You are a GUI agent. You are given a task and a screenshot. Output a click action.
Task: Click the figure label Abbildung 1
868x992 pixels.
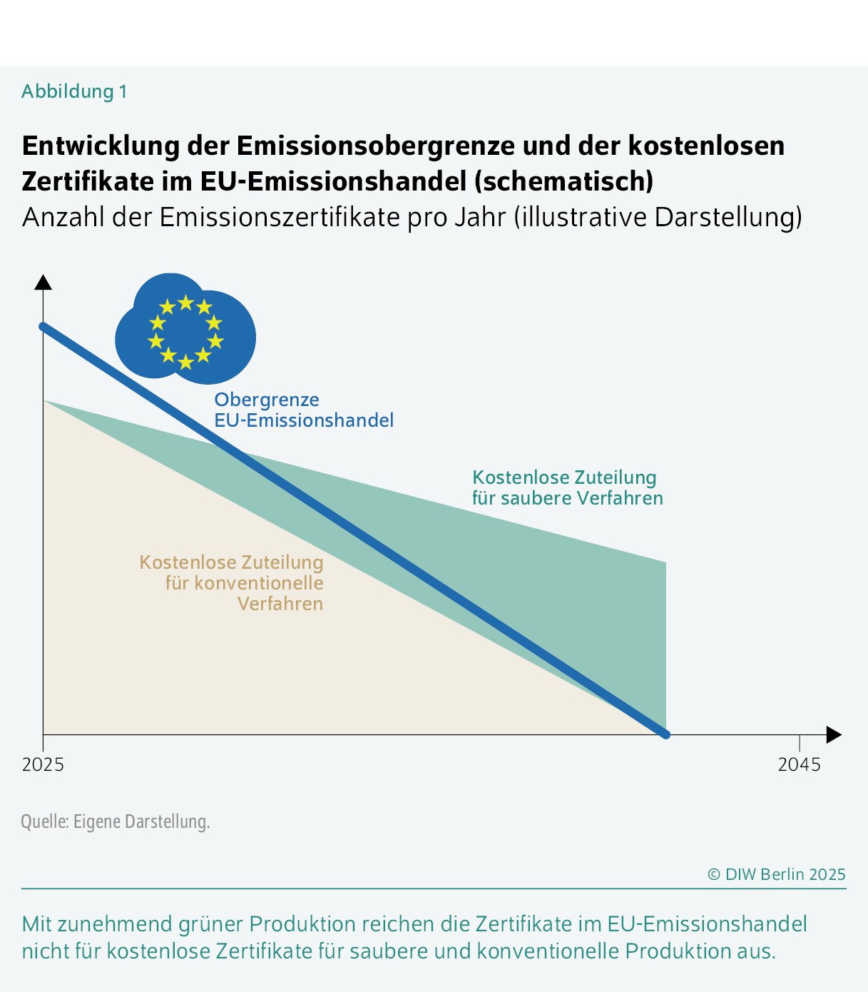pyautogui.click(x=74, y=91)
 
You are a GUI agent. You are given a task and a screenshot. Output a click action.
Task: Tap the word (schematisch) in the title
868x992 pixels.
pyautogui.click(x=563, y=181)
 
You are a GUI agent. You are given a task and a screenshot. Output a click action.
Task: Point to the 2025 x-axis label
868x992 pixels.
pyautogui.click(x=43, y=765)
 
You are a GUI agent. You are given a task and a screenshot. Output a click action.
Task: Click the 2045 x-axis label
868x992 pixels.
pyautogui.click(x=799, y=765)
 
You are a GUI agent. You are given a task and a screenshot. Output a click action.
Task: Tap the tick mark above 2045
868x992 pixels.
pyautogui.click(x=800, y=742)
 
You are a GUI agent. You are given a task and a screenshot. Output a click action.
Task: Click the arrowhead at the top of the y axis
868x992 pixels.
pyautogui.click(x=44, y=282)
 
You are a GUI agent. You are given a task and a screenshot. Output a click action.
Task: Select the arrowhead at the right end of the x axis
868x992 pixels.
pyautogui.click(x=834, y=734)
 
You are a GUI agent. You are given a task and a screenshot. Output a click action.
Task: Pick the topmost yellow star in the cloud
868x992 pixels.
pyautogui.click(x=185, y=303)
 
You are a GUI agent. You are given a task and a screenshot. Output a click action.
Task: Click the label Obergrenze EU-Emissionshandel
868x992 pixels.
pyautogui.click(x=304, y=410)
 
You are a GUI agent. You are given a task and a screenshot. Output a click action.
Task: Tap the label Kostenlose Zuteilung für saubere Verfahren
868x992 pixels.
pyautogui.click(x=567, y=487)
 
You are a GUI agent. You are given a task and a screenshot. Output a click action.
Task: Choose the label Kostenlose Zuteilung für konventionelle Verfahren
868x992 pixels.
pyautogui.click(x=232, y=583)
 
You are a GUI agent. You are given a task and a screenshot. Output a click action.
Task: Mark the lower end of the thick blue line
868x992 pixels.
pyautogui.click(x=665, y=734)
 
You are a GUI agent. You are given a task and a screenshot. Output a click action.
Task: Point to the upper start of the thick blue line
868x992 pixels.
pyautogui.click(x=44, y=326)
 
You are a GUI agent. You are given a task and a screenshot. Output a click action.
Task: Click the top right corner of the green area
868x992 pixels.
pyautogui.click(x=665, y=563)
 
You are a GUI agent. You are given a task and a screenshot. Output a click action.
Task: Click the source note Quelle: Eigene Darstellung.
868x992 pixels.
pyautogui.click(x=116, y=821)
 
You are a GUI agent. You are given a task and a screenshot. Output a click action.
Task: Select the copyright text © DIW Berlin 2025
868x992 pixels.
pyautogui.click(x=776, y=874)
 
